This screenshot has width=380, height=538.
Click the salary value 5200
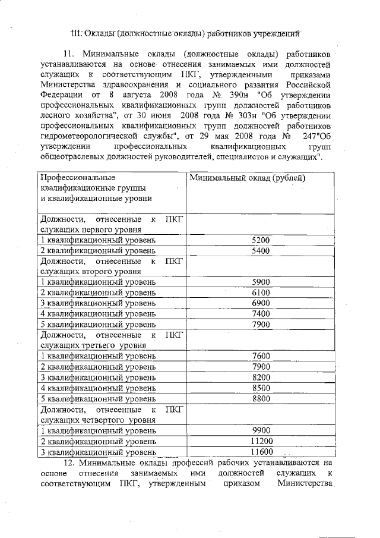tap(261, 240)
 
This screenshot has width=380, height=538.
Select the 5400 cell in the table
tap(261, 251)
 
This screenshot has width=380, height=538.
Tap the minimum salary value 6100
tap(261, 292)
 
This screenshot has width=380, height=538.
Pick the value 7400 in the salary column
tap(261, 313)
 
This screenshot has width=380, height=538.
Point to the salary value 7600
tap(261, 356)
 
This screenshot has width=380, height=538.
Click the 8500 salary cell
tap(261, 388)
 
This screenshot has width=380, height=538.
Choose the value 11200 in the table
tap(261, 441)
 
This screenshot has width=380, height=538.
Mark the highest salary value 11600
tap(261, 452)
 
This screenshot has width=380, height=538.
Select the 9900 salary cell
tap(261, 430)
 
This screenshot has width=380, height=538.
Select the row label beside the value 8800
tap(98, 398)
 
